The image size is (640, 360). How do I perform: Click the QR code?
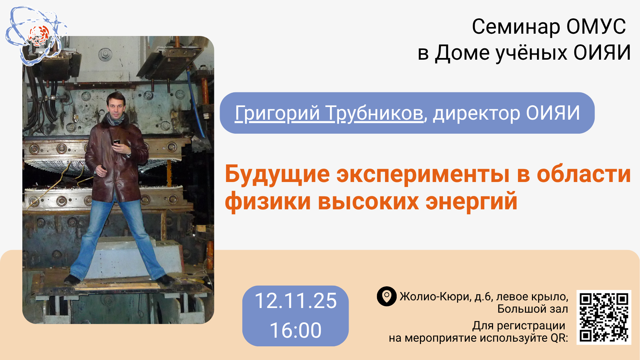[x=604, y=317]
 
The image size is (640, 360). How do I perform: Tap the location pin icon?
[x=387, y=296]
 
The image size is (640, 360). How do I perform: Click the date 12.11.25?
[x=296, y=301]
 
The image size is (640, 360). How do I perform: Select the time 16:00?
[x=296, y=330]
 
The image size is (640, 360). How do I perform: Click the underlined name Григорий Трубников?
[x=329, y=113]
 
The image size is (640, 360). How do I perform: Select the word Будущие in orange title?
[x=277, y=174]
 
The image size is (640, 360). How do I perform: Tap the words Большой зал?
[x=533, y=309]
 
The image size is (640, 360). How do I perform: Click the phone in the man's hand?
[x=116, y=142]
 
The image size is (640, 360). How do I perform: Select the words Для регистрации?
[x=518, y=326]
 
